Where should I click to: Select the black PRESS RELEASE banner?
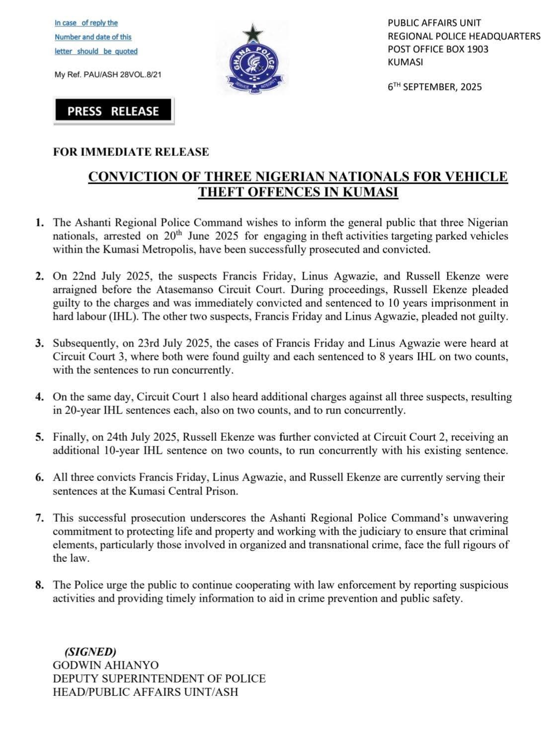(113, 111)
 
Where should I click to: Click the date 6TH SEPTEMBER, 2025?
(435, 87)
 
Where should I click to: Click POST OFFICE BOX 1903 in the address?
(438, 49)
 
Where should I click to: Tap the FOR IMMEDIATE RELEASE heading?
(131, 152)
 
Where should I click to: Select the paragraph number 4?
(40, 397)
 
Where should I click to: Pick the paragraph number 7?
(40, 518)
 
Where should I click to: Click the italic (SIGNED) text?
(90, 652)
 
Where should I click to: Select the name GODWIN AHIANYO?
(106, 665)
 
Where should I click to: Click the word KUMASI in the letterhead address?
(405, 62)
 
